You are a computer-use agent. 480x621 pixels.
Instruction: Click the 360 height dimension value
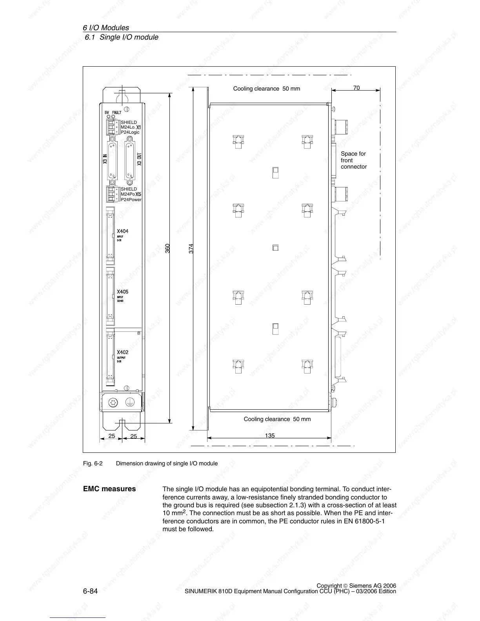pos(167,248)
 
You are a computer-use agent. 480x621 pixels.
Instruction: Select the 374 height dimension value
pos(191,249)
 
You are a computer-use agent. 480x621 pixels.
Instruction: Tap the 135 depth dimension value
pos(270,435)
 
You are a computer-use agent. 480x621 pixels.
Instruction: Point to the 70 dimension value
pos(356,88)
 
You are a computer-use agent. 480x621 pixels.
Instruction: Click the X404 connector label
pos(122,231)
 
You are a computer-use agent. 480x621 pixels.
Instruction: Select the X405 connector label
pos(122,292)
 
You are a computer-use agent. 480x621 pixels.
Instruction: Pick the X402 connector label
pos(122,352)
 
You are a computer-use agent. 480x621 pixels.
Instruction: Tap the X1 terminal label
pos(138,127)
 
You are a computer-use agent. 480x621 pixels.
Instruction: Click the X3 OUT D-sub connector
pos(129,162)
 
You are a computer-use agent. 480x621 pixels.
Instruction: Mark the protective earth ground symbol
pos(130,402)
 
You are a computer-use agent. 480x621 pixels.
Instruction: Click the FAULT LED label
pos(117,113)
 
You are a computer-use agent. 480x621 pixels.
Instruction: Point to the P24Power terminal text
pos(131,200)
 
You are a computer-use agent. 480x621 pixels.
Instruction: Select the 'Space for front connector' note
pos(353,160)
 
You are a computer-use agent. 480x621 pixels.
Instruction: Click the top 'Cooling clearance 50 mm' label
pos(266,89)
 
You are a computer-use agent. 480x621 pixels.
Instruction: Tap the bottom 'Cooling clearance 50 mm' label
pos(277,419)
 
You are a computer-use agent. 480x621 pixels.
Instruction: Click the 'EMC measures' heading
pos(109,489)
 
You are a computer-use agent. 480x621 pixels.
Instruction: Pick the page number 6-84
pos(90,591)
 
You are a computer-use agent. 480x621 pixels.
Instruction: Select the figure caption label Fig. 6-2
pos(93,463)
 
